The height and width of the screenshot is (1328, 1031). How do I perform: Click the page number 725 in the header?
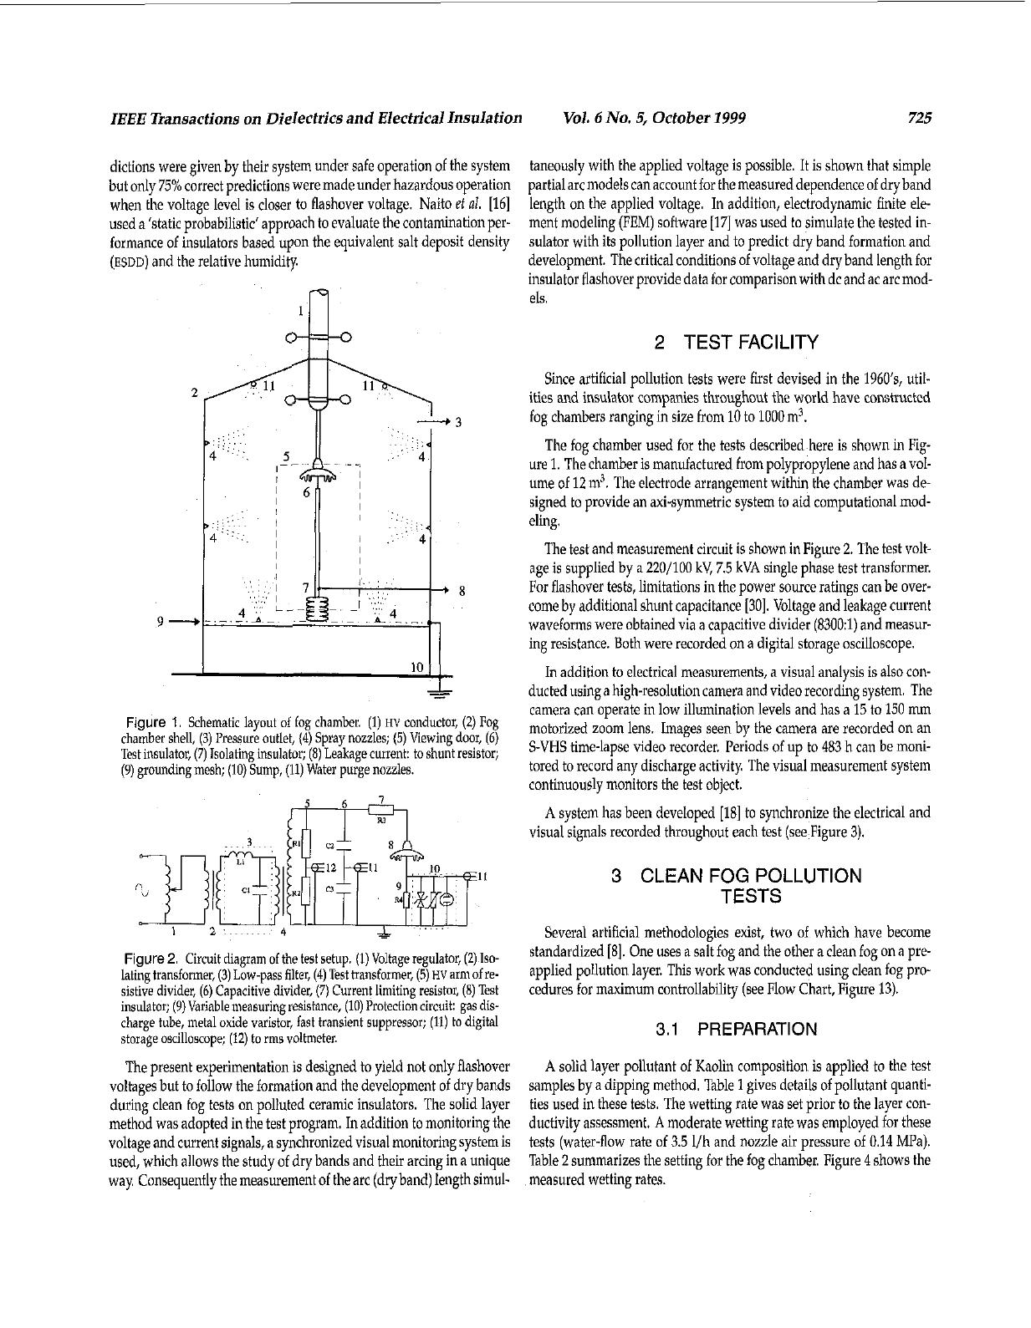coord(919,118)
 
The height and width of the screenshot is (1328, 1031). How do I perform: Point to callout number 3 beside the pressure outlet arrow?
coord(458,422)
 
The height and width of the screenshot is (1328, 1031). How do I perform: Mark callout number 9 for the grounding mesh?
coord(161,621)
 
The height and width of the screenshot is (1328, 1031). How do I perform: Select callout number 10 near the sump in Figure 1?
coord(417,666)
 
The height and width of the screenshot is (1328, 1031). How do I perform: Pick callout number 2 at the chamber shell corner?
coord(194,392)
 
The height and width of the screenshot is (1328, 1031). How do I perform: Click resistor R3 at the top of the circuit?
coord(380,809)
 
